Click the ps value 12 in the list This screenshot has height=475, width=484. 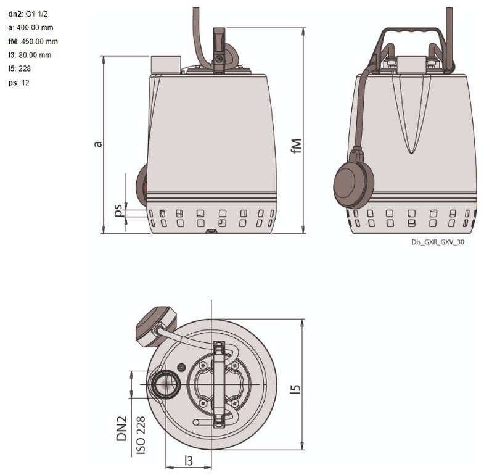click(25, 83)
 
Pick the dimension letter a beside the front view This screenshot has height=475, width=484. click(97, 143)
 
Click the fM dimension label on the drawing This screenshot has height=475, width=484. click(297, 146)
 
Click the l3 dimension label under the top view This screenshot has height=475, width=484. click(189, 460)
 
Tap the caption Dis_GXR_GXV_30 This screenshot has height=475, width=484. click(438, 242)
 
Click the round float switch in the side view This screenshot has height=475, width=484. click(353, 183)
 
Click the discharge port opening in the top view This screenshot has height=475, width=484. click(165, 384)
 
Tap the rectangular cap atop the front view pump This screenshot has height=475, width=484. click(166, 64)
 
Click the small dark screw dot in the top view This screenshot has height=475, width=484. click(181, 367)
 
